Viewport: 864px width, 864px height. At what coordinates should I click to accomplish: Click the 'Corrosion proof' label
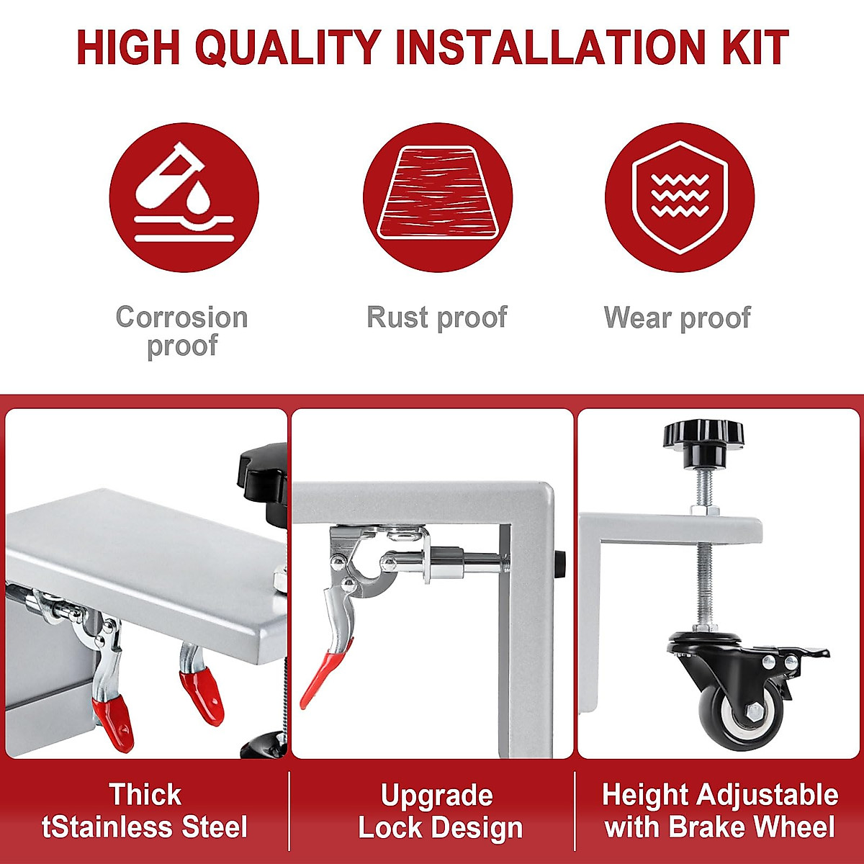[x=181, y=331]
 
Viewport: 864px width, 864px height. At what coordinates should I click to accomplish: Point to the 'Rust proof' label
[x=437, y=317]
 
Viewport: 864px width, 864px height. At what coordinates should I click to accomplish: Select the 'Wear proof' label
[x=678, y=317]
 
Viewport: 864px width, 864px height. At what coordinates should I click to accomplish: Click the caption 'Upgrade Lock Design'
[x=438, y=811]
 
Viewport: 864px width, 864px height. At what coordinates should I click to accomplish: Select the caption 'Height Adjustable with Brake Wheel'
[x=720, y=811]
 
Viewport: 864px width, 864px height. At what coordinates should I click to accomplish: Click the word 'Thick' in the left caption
[x=145, y=795]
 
